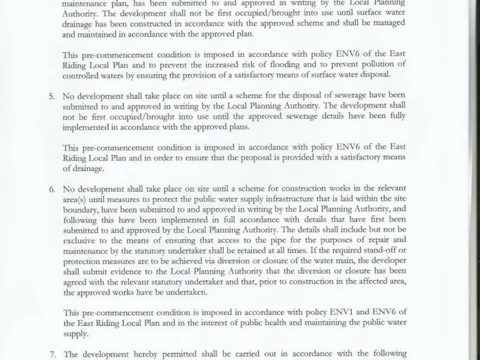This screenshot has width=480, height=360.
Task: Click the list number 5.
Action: click(51, 96)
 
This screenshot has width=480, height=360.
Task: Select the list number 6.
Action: click(51, 189)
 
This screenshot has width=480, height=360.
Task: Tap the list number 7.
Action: click(52, 354)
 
